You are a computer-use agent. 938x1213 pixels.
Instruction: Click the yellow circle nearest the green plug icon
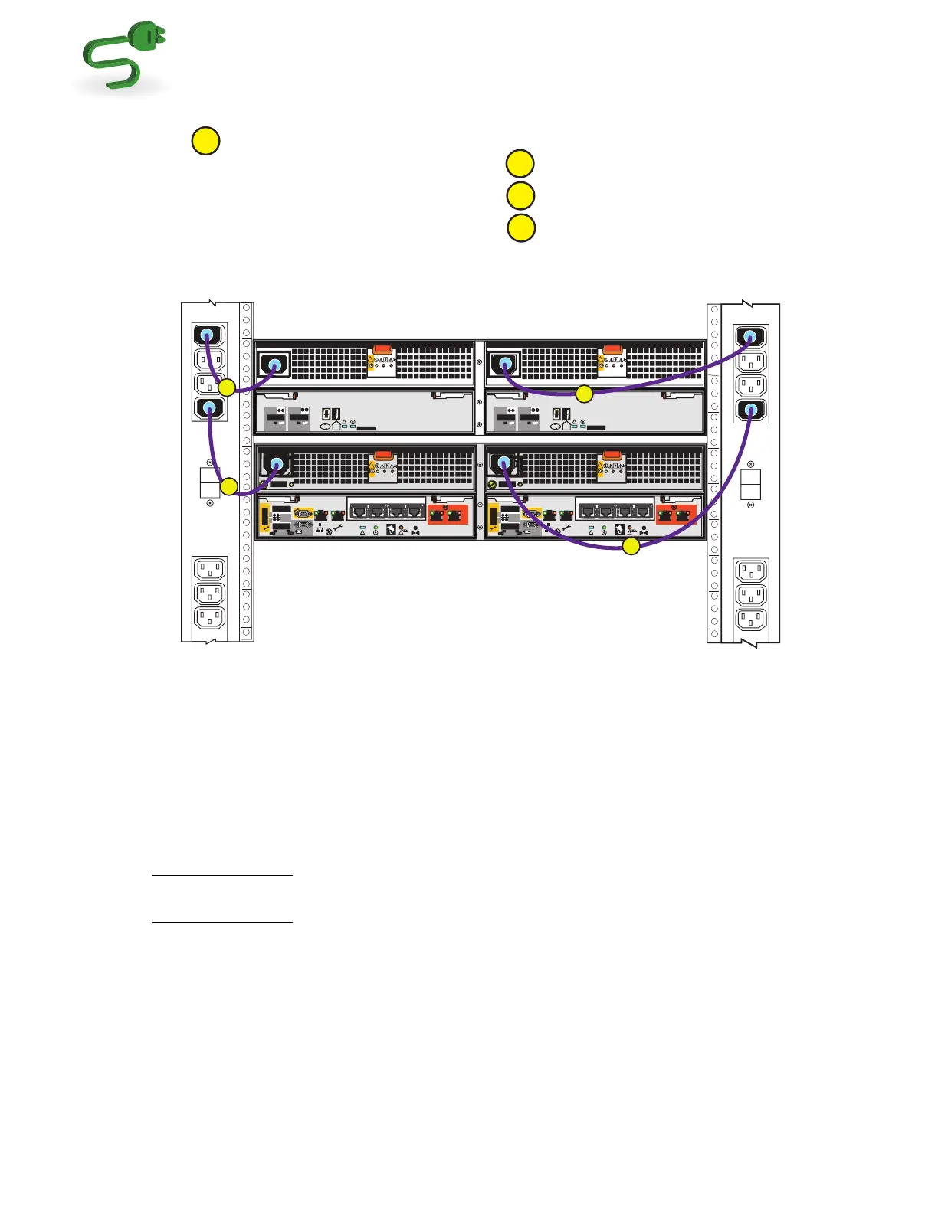tap(205, 141)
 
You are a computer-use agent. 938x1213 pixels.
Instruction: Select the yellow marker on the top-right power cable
tap(584, 394)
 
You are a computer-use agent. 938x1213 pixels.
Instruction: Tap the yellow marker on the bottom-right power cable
tap(630, 546)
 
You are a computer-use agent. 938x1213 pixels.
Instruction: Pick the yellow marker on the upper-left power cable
tap(227, 387)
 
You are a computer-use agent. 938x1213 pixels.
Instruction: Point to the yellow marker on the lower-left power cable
tap(228, 486)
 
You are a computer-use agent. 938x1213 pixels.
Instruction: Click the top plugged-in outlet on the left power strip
tap(208, 335)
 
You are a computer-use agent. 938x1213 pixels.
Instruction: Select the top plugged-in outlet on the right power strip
tap(751, 336)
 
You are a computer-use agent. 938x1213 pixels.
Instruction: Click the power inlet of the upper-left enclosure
tap(274, 365)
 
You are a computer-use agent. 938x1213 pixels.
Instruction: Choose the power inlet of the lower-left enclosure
tap(277, 464)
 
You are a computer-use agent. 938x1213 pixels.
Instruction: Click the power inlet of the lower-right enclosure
tap(503, 463)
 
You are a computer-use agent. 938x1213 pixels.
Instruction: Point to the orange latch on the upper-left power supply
tap(383, 348)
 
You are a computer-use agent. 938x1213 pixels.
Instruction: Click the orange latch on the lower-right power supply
tap(612, 456)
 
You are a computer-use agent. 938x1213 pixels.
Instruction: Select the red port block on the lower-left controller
tap(448, 514)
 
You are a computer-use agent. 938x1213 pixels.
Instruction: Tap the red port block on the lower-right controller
tap(676, 514)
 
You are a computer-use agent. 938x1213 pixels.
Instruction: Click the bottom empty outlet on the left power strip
tap(209, 618)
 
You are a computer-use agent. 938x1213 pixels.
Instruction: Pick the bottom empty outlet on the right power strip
tap(751, 619)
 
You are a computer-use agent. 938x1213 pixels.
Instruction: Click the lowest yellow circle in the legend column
tap(521, 228)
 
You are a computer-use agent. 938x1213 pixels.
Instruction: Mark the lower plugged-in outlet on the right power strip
tap(751, 410)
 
